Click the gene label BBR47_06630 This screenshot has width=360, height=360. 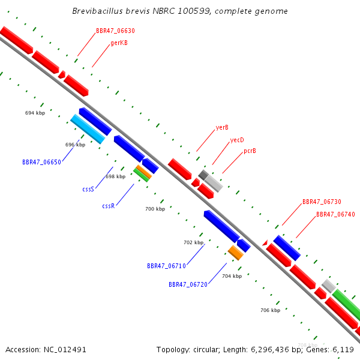(x=115, y=31)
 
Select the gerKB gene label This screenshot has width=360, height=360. (x=119, y=43)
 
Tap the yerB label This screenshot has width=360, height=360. (x=222, y=127)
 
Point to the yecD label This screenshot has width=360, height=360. (x=237, y=140)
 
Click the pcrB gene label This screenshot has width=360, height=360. (x=250, y=151)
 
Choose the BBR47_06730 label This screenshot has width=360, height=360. (x=322, y=202)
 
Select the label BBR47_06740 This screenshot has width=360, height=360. (x=335, y=214)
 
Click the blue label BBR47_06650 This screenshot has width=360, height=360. (x=41, y=162)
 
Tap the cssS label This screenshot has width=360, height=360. (x=88, y=189)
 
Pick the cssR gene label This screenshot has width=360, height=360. (x=108, y=206)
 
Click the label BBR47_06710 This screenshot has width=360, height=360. (x=166, y=265)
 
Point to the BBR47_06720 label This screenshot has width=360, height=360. (x=188, y=284)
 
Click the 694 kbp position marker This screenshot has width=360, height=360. (x=35, y=113)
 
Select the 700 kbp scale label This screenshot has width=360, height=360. (x=155, y=209)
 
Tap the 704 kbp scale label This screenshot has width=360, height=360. (x=232, y=276)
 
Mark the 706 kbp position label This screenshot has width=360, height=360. (x=270, y=310)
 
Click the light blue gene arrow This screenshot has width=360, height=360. (x=88, y=129)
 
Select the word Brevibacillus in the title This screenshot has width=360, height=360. (x=98, y=11)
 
